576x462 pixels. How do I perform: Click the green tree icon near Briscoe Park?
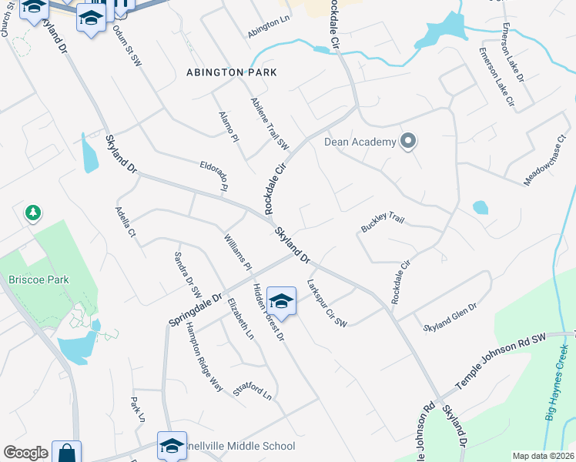pos(32,212)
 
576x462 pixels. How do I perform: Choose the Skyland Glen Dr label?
pos(450,316)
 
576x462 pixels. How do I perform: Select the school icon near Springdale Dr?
pos(282,301)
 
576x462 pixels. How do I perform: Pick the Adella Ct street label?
pos(126,222)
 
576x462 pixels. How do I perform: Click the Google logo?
pos(25,453)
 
